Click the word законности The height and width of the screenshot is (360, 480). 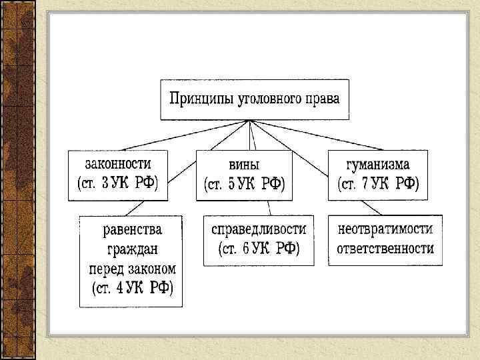click(x=117, y=163)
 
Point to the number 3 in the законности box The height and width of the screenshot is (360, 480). click(x=106, y=184)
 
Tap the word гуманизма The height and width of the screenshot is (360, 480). click(x=377, y=163)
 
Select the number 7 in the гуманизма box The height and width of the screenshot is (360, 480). click(x=364, y=184)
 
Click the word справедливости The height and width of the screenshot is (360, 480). click(x=259, y=229)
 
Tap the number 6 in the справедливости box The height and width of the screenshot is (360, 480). click(x=245, y=249)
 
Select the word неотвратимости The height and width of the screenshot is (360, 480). click(x=385, y=229)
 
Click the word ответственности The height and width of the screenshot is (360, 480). click(x=385, y=249)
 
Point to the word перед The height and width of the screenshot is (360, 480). click(x=107, y=269)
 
